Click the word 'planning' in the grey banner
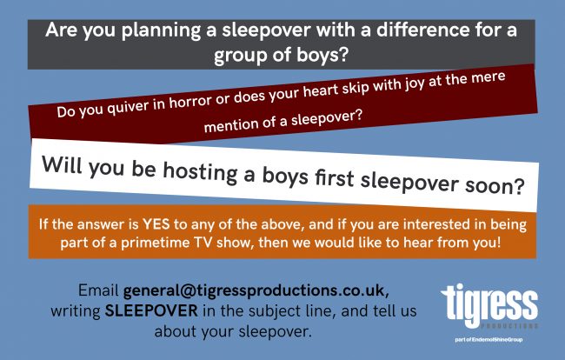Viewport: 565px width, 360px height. pos(161,30)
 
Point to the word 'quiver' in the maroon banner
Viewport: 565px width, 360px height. pos(128,106)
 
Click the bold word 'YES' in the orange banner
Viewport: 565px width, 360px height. pos(156,224)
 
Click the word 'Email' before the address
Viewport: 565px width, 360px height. pos(98,290)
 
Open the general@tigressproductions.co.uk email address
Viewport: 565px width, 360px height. pos(256,291)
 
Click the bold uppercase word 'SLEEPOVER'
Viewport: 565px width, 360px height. pos(151,311)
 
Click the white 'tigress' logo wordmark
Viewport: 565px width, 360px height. pos(489,304)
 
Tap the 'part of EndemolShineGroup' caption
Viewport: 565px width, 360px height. pos(489,339)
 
